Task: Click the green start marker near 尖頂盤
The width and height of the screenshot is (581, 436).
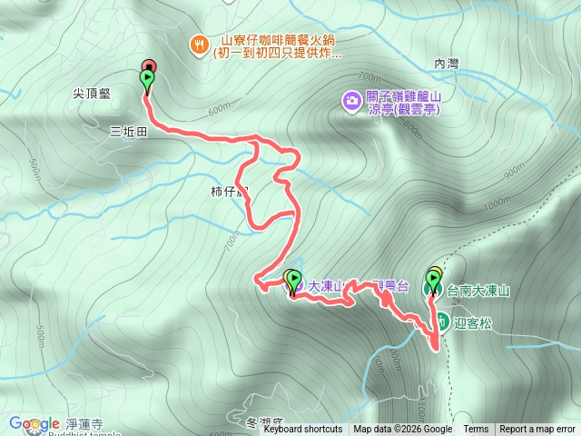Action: (x=147, y=80)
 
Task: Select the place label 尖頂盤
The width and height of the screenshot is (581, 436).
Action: (x=94, y=93)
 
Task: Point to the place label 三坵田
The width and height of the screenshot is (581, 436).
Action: (x=128, y=131)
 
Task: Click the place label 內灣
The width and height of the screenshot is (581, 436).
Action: (x=448, y=64)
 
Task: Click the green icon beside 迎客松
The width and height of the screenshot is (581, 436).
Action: (x=440, y=321)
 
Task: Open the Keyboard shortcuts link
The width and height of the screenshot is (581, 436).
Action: (x=303, y=430)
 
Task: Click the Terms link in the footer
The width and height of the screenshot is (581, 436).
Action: (x=476, y=430)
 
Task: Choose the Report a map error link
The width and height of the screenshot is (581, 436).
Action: (x=537, y=430)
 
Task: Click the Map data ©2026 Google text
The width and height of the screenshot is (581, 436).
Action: (x=402, y=430)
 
